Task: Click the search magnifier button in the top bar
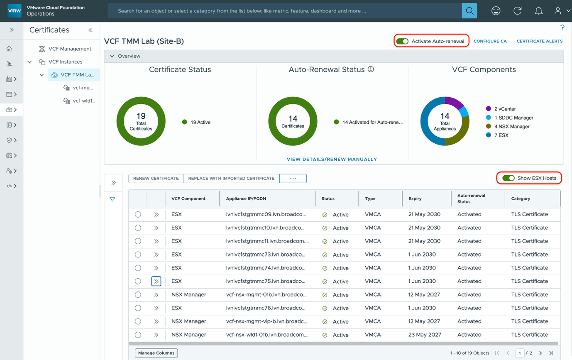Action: tap(469, 11)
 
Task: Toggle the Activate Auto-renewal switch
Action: tap(402, 41)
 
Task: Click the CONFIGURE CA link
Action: tap(490, 41)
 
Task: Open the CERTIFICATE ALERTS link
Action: tap(539, 41)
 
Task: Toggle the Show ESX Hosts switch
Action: tap(508, 178)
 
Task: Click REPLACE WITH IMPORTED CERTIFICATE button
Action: tap(231, 178)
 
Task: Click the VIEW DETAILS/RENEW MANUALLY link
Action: tap(332, 159)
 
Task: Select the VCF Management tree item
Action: tap(69, 49)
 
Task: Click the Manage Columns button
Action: tap(156, 353)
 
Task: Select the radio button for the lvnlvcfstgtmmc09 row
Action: tap(138, 214)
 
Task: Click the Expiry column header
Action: tap(415, 198)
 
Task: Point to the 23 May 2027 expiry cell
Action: tap(424, 335)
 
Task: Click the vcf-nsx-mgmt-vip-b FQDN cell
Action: tap(266, 321)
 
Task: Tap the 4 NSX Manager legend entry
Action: tap(511, 127)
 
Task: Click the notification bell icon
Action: tap(538, 11)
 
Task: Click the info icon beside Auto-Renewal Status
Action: tap(371, 69)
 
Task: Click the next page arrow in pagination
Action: tap(540, 353)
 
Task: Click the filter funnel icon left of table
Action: tap(112, 199)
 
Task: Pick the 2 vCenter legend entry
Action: tap(505, 109)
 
